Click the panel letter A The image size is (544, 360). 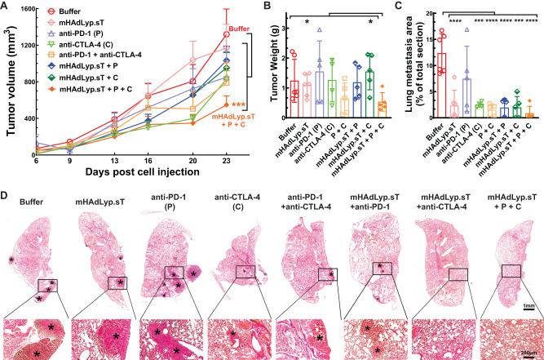pos(7,7)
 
